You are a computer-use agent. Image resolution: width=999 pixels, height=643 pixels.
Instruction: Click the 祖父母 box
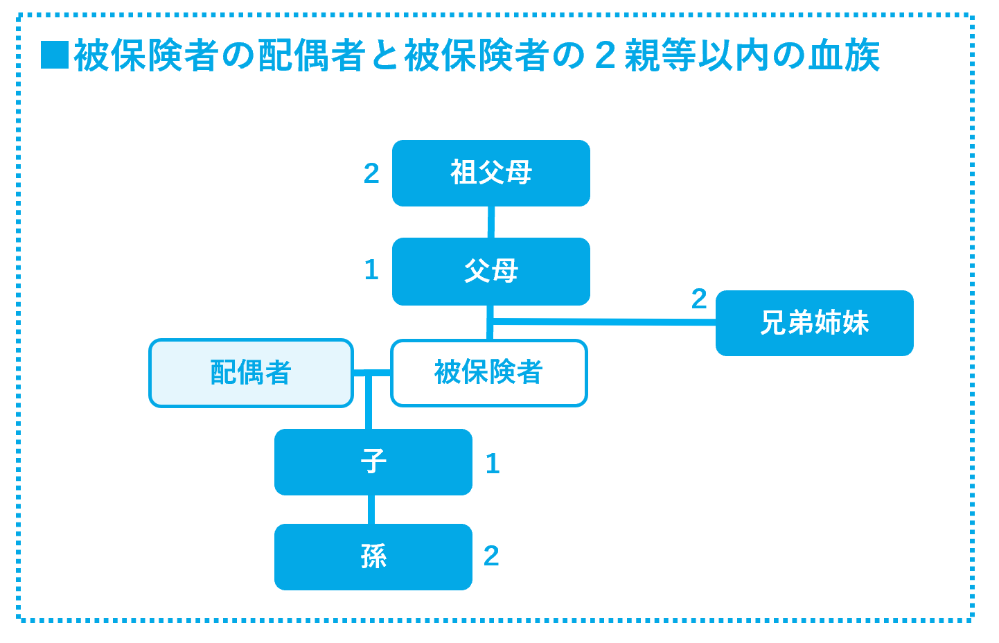[490, 173]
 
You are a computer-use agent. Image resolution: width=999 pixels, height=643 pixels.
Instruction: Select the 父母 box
[490, 271]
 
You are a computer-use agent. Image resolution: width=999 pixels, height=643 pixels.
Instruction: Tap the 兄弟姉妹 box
[814, 323]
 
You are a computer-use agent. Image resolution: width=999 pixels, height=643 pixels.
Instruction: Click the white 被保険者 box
[489, 373]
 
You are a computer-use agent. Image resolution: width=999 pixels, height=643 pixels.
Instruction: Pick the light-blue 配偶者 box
[251, 373]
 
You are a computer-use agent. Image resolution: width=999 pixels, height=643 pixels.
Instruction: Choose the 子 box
[373, 462]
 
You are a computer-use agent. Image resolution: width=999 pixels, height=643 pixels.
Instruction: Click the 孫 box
[373, 556]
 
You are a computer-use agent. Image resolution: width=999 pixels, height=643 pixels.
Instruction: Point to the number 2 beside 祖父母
[371, 173]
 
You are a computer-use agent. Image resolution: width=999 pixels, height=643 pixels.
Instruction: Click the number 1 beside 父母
[371, 270]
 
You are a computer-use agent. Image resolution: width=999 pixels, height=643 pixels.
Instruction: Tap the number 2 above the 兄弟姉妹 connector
[699, 299]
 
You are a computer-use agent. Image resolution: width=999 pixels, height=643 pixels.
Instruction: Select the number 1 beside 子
[493, 464]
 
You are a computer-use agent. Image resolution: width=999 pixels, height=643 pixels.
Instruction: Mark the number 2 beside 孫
[491, 556]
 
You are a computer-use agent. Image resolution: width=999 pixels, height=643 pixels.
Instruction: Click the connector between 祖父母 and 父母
[491, 222]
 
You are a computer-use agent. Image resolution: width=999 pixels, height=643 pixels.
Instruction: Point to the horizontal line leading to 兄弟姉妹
[603, 321]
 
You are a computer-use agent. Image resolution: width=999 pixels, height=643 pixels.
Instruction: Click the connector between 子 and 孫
[371, 509]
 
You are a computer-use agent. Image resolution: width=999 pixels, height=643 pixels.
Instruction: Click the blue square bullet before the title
[55, 55]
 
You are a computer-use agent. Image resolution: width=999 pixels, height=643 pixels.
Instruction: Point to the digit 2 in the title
[605, 55]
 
